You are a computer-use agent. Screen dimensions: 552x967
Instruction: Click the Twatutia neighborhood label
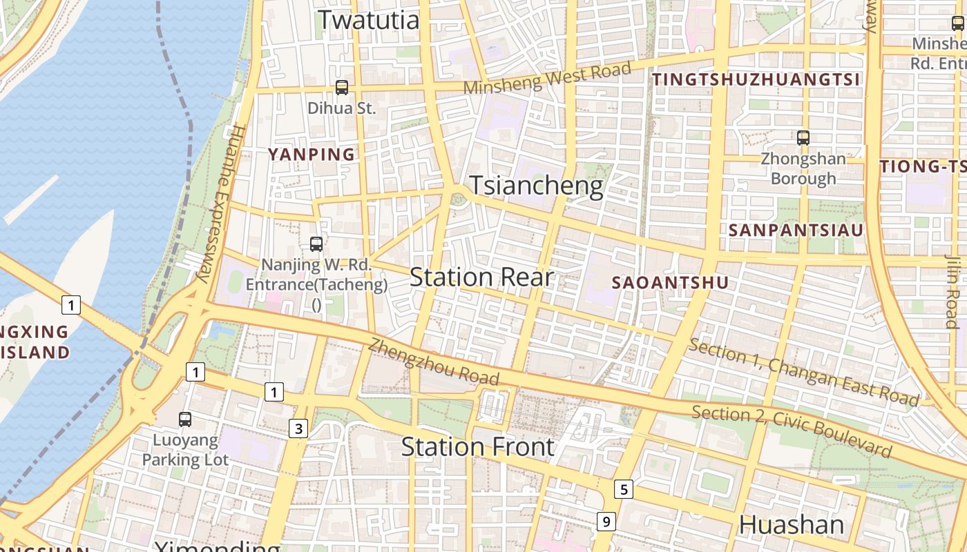pyautogui.click(x=368, y=19)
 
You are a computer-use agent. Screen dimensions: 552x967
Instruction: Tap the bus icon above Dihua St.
pyautogui.click(x=342, y=88)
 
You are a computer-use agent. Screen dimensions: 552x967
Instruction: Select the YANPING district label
pyautogui.click(x=312, y=155)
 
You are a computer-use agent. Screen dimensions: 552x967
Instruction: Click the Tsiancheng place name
pyautogui.click(x=537, y=186)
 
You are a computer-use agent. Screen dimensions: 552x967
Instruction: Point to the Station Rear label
pyautogui.click(x=481, y=277)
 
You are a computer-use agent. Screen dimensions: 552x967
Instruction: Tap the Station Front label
pyautogui.click(x=478, y=447)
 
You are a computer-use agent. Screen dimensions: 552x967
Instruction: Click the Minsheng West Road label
pyautogui.click(x=547, y=78)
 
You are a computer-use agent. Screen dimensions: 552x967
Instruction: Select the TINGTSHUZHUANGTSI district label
pyautogui.click(x=756, y=79)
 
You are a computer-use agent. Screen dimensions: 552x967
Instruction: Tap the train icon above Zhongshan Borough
pyautogui.click(x=803, y=138)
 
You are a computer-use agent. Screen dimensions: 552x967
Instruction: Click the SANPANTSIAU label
pyautogui.click(x=796, y=230)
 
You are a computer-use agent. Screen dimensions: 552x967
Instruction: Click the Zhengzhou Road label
pyautogui.click(x=433, y=362)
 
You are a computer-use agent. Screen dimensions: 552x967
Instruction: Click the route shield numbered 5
pyautogui.click(x=624, y=490)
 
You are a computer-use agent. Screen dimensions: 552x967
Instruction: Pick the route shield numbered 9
pyautogui.click(x=606, y=522)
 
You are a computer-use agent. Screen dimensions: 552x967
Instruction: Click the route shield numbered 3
pyautogui.click(x=298, y=429)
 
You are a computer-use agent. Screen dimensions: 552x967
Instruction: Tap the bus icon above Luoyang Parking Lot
pyautogui.click(x=185, y=419)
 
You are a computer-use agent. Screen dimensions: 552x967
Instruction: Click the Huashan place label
pyautogui.click(x=792, y=525)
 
